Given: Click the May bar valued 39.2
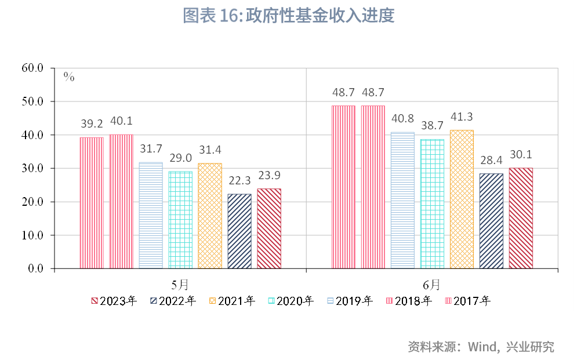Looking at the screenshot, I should coord(92,203).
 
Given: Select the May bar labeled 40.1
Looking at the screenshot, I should coord(121,202).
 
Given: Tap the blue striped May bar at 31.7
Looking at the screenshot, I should coord(151,216).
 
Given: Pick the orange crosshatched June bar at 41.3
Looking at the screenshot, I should coord(462,199).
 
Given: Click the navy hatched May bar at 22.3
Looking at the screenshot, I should coord(239,231).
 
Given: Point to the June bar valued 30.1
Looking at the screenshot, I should coord(521,219).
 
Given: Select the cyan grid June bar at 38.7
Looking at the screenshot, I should coord(432,203).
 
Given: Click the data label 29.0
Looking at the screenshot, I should coord(180,158).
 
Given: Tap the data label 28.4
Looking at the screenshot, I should coord(491,160).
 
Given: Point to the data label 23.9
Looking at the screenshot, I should coord(269,175).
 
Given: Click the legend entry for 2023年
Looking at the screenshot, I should coord(114,301).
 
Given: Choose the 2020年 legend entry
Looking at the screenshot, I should coord(291,301).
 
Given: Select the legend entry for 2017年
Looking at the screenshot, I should coord(468,301).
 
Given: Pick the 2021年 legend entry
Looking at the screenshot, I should coord(232,301).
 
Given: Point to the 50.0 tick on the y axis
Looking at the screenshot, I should coord(32,101).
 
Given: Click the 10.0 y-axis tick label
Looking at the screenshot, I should coord(32,235).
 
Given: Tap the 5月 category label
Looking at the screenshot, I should coord(180,285).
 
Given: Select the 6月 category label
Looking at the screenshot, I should coord(431,285).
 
